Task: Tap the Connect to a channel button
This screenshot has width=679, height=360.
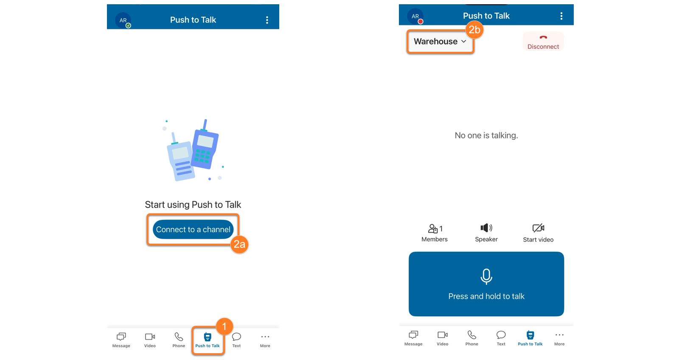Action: (193, 229)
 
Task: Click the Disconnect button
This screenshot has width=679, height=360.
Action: (543, 42)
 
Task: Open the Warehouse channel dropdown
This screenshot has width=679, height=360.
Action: (440, 41)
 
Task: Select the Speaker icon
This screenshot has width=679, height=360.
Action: (486, 228)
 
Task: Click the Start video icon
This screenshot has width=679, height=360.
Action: (538, 228)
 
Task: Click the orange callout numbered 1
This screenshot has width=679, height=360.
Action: (224, 326)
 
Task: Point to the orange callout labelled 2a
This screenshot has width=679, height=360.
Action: (239, 244)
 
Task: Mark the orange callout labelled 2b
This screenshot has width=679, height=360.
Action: (474, 30)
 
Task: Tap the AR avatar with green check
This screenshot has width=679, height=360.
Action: (123, 20)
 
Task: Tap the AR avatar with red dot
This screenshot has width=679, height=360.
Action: (415, 17)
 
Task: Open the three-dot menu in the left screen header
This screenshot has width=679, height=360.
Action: (267, 20)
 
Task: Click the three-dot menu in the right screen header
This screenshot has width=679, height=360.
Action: (561, 16)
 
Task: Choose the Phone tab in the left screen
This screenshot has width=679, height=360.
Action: (179, 340)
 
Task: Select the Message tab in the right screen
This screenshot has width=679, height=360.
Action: (413, 338)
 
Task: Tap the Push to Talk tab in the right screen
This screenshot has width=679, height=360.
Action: (530, 338)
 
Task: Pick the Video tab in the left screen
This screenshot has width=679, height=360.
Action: (150, 340)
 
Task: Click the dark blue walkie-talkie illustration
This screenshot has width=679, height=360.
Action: (205, 146)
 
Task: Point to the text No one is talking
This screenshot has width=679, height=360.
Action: (486, 135)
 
